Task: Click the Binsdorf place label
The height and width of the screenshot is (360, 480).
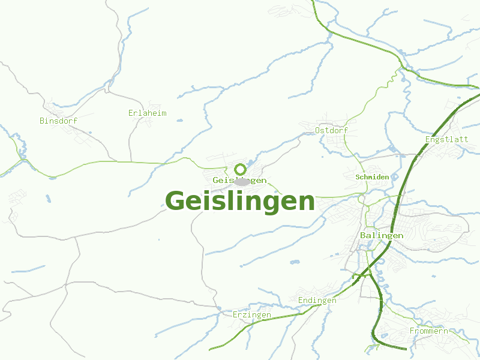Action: pyautogui.click(x=59, y=121)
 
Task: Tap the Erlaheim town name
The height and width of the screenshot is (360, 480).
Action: pyautogui.click(x=148, y=113)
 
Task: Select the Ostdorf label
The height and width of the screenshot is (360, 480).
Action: pyautogui.click(x=332, y=130)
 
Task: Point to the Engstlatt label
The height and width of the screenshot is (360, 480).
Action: pyautogui.click(x=446, y=139)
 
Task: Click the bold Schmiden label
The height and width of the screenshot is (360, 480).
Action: pyautogui.click(x=373, y=177)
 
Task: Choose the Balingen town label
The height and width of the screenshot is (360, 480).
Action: pyautogui.click(x=382, y=235)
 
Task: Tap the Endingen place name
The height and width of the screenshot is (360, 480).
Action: pyautogui.click(x=317, y=300)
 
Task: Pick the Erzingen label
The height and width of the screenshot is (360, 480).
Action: pyautogui.click(x=252, y=314)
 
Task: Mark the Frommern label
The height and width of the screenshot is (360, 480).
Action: pyautogui.click(x=428, y=331)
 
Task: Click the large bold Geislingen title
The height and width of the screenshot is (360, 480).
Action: pyautogui.click(x=240, y=201)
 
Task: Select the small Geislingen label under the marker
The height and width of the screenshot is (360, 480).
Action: pyautogui.click(x=239, y=180)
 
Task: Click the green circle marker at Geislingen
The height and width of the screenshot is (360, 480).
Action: pyautogui.click(x=240, y=169)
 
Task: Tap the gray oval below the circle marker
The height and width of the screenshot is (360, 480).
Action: pyautogui.click(x=242, y=181)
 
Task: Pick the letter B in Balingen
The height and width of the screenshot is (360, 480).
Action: pyautogui.click(x=363, y=235)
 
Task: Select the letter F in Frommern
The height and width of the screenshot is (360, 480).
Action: pyautogui.click(x=412, y=331)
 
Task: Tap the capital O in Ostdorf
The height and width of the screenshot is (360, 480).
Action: pyautogui.click(x=318, y=130)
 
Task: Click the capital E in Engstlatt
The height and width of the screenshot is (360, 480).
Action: pyautogui.click(x=427, y=139)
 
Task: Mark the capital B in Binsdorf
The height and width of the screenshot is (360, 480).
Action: pyautogui.click(x=42, y=121)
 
